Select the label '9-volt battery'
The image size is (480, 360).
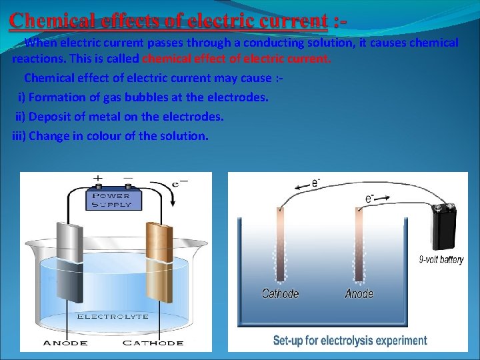441,260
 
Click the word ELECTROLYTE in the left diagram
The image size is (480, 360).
113,316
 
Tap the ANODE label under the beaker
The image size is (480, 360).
65,343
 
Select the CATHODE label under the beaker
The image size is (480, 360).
153,343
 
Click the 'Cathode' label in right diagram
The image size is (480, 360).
280,294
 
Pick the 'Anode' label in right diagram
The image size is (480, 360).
359,294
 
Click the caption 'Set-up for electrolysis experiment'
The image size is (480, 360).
350,341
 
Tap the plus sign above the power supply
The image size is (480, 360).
98,179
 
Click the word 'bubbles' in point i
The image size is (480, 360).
155,97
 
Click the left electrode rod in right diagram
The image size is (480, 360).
279,243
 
